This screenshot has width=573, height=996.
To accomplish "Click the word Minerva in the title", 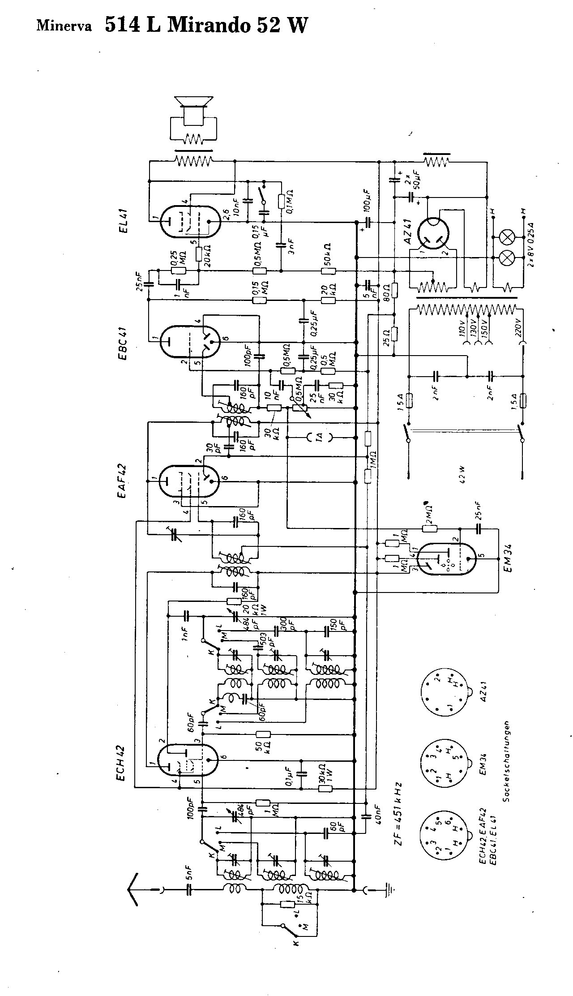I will tap(64, 26).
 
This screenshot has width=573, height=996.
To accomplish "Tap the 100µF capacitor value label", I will tap(367, 202).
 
